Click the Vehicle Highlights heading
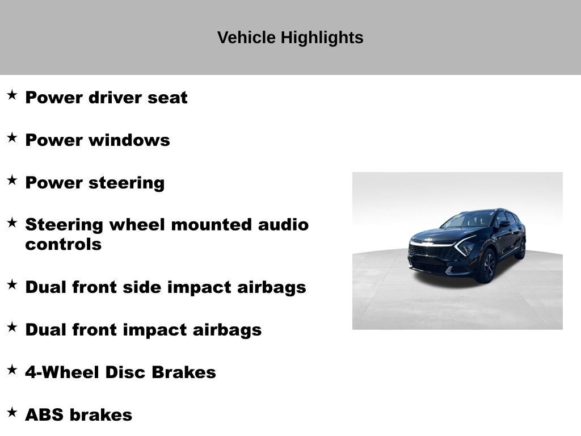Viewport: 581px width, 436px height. coord(290,37)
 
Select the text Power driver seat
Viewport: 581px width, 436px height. coord(106,98)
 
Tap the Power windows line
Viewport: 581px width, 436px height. coord(97,140)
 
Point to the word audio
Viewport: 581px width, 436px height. coord(283,225)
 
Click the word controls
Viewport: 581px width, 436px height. coord(63,245)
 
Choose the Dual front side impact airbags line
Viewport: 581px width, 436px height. coord(165,287)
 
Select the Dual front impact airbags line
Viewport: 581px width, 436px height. coord(143,330)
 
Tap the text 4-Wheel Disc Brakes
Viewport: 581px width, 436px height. coord(120,372)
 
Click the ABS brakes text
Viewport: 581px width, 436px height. coord(78,415)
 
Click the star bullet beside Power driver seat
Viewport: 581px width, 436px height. coord(12,95)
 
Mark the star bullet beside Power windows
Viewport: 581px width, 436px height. coord(12,138)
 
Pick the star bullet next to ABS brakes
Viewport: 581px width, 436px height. coord(12,413)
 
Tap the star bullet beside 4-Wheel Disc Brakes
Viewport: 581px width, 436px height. coord(12,370)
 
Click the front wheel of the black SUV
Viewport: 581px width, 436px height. coord(487,266)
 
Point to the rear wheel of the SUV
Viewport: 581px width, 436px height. coord(521,248)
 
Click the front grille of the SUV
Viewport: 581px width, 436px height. coord(429,251)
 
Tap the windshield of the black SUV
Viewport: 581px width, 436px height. coord(470,219)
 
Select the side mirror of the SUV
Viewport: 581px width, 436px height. coord(503,224)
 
